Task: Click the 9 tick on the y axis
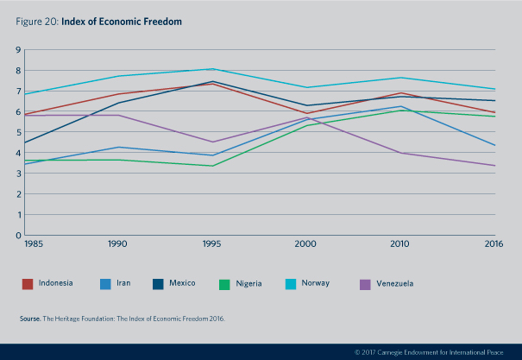[18, 50]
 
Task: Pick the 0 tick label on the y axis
[18, 235]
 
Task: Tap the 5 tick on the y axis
[18, 132]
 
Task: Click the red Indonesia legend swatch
[28, 282]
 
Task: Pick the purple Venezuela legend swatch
[365, 282]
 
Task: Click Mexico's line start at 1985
[25, 142]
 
